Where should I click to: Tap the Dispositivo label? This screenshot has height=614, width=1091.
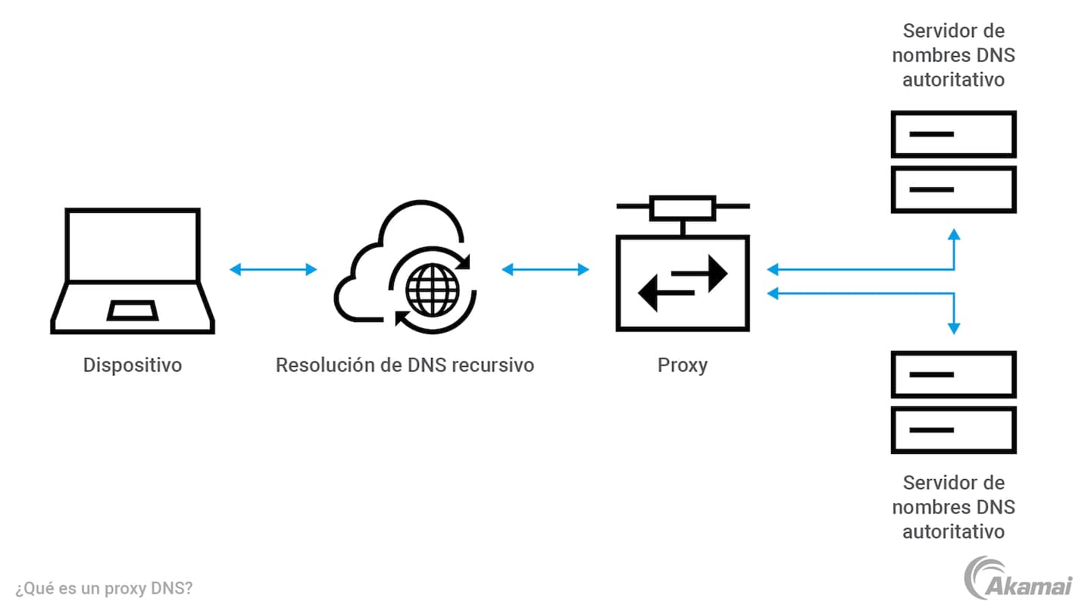pyautogui.click(x=133, y=365)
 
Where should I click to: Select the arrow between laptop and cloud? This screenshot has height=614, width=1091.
pyautogui.click(x=273, y=269)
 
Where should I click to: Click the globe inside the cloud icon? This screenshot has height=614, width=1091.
pyautogui.click(x=433, y=287)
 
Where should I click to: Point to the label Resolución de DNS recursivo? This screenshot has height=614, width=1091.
pyautogui.click(x=405, y=365)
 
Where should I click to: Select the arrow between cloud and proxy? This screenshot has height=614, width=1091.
pyautogui.click(x=545, y=269)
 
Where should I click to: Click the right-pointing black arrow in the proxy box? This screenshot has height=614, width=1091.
pyautogui.click(x=702, y=274)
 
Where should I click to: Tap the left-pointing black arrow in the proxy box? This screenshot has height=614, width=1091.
pyautogui.click(x=664, y=293)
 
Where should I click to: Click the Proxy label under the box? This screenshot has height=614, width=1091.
pyautogui.click(x=683, y=365)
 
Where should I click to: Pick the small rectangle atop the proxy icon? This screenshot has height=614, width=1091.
pyautogui.click(x=683, y=206)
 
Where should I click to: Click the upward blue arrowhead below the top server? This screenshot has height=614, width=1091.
pyautogui.click(x=954, y=234)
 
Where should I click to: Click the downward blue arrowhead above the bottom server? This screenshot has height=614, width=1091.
pyautogui.click(x=954, y=327)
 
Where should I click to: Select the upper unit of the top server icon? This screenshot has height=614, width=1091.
pyautogui.click(x=953, y=134)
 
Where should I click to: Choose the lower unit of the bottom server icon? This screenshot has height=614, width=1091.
pyautogui.click(x=953, y=430)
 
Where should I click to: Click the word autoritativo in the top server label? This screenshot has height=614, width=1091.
pyautogui.click(x=953, y=80)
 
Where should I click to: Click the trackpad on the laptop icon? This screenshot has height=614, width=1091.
pyautogui.click(x=133, y=310)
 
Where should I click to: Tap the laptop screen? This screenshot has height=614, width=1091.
pyautogui.click(x=133, y=245)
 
